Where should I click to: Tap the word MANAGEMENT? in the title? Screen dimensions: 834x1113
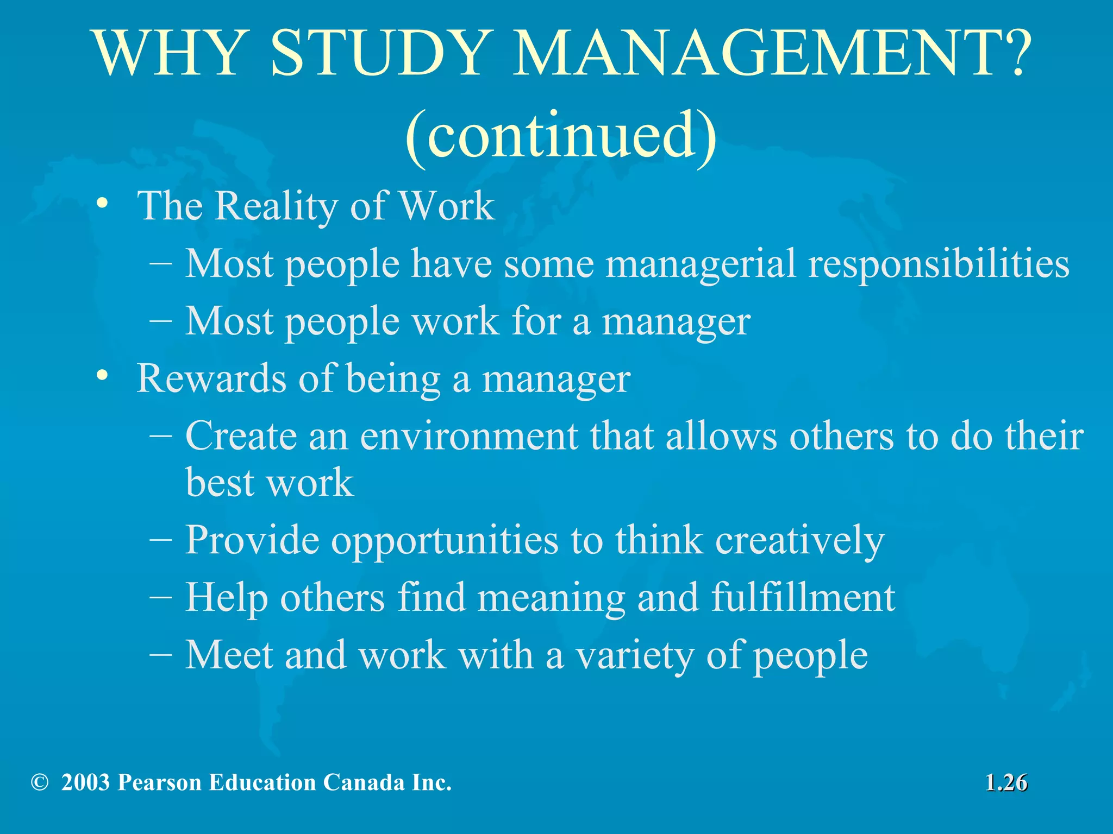[x=771, y=53]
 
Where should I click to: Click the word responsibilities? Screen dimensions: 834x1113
[x=939, y=264]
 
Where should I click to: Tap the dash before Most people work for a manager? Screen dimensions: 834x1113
[x=161, y=319]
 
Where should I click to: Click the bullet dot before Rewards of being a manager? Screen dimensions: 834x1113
[x=102, y=376]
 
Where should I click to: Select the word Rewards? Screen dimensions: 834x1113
[x=211, y=378]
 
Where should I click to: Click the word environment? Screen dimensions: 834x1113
[x=469, y=436]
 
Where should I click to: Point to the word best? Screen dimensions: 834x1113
[x=220, y=482]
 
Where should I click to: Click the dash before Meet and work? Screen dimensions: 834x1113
[x=161, y=652]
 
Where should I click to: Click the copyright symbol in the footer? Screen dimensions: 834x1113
[x=40, y=782]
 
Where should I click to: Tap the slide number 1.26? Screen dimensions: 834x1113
[x=1006, y=783]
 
